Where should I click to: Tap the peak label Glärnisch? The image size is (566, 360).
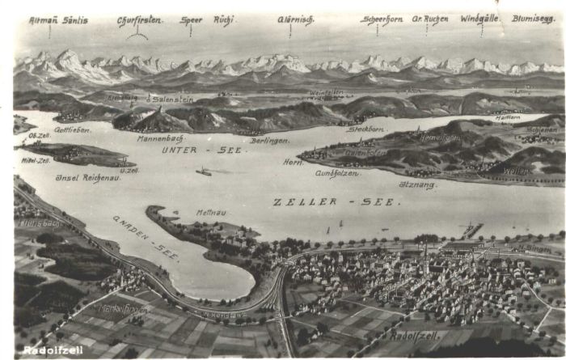click(295, 20)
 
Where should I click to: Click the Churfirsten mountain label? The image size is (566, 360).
click(137, 20)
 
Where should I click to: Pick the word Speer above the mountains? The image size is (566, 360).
click(191, 20)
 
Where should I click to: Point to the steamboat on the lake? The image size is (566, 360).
click(204, 172)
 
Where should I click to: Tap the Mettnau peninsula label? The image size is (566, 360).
click(211, 213)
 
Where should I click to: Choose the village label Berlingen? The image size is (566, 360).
click(269, 141)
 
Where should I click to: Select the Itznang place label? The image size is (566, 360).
click(417, 184)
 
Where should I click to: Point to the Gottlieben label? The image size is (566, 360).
click(71, 129)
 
